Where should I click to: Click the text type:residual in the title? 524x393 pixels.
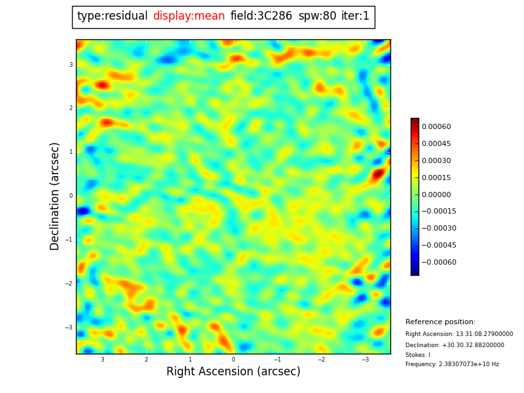112,16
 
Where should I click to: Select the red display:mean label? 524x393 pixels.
189,16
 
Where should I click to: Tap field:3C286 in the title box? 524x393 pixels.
261,16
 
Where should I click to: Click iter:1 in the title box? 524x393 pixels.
356,16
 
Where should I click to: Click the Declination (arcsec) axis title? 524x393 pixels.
55,196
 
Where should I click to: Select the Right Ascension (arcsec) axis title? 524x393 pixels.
233,372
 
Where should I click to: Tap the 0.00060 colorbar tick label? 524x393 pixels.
436,127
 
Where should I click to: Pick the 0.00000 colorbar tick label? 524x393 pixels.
436,195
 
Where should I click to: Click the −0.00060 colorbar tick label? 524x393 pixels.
439,263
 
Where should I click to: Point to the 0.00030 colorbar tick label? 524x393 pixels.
436,161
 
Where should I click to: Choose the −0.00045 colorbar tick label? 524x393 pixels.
439,246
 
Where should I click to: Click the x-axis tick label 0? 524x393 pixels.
233,360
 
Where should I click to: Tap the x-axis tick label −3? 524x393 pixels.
365,360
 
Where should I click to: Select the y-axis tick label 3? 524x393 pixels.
71,65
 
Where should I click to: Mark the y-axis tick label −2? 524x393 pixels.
69,284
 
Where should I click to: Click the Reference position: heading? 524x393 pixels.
440,322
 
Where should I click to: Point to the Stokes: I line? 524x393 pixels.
418,355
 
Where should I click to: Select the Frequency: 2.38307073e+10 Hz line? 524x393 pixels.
452,365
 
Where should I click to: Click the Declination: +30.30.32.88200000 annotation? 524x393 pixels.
455,345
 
